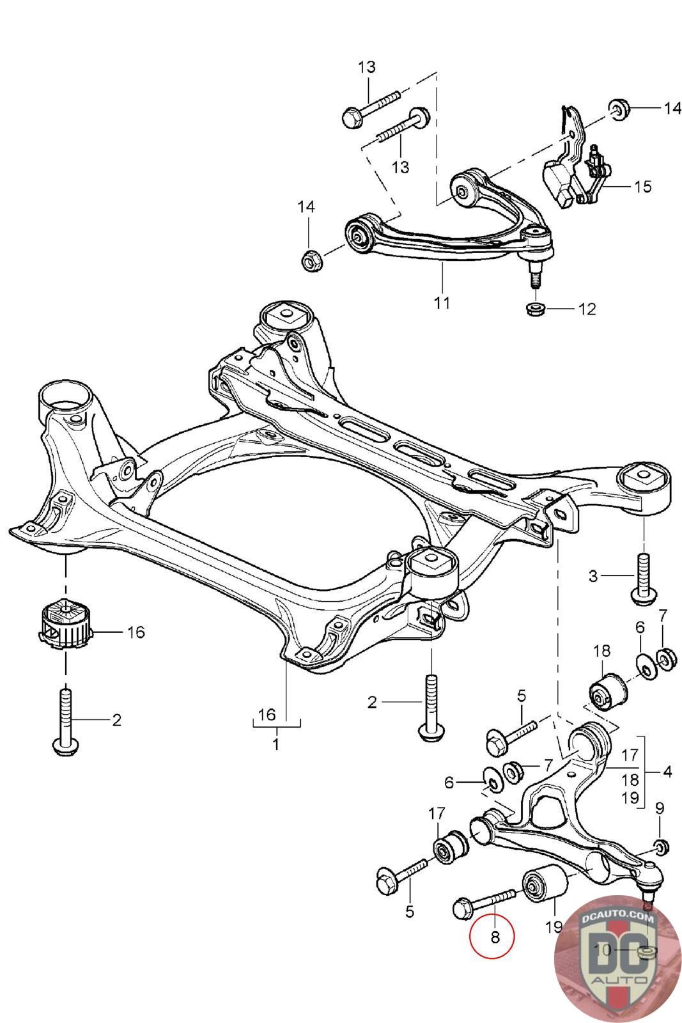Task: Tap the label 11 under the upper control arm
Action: [x=442, y=302]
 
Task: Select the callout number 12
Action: [x=586, y=309]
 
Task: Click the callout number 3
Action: [x=593, y=576]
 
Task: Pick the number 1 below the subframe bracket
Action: [x=276, y=745]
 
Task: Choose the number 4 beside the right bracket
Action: [x=667, y=772]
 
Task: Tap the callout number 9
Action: [x=660, y=807]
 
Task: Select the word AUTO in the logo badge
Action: [x=617, y=980]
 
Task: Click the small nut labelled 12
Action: [x=536, y=309]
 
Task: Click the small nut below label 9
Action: [x=661, y=848]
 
